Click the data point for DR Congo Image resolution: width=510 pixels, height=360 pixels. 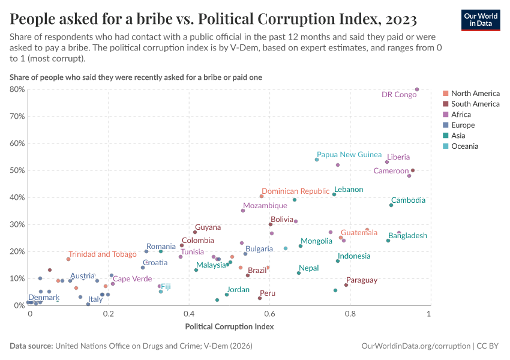click(x=417, y=89)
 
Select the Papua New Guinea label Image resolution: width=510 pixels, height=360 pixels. click(x=349, y=154)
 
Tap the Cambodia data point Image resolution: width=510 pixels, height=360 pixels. click(x=391, y=205)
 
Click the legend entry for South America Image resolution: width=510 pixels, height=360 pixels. click(x=475, y=104)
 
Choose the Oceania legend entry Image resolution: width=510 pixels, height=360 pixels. click(x=465, y=146)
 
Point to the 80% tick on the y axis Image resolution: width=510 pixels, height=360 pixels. click(x=17, y=89)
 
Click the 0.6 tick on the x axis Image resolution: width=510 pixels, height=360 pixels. click(x=269, y=314)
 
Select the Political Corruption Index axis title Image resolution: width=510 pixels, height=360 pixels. click(x=230, y=326)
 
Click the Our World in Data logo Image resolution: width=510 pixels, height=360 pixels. click(x=480, y=20)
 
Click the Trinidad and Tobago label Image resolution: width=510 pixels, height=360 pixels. click(x=102, y=254)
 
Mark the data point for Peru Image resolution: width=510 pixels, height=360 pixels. click(x=260, y=298)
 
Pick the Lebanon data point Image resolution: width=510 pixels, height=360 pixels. click(x=334, y=194)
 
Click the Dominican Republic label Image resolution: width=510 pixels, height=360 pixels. click(x=295, y=191)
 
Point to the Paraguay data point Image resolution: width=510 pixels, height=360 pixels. click(x=346, y=285)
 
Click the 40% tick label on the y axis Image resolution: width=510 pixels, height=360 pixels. click(x=17, y=197)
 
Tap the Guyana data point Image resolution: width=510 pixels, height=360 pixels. click(x=195, y=232)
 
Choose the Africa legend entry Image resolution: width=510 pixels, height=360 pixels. click(x=461, y=114)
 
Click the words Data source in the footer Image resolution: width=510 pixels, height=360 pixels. click(x=30, y=346)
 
